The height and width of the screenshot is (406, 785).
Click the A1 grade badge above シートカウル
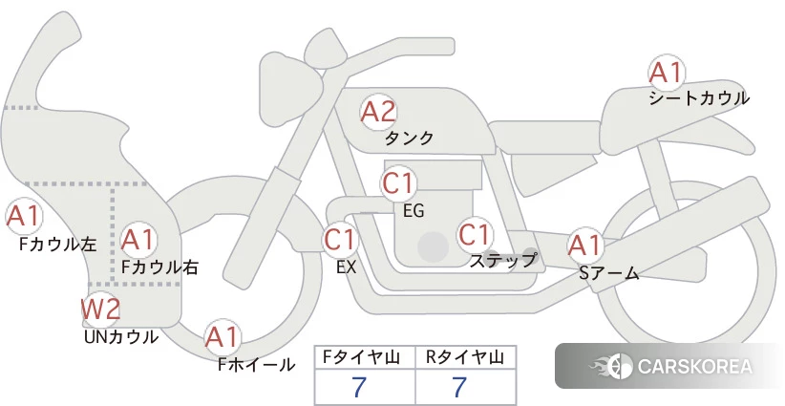pos(666,73)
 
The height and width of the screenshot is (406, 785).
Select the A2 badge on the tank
pos(377,112)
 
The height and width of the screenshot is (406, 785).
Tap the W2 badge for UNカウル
pos(99,310)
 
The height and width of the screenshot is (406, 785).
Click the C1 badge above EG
pos(399,182)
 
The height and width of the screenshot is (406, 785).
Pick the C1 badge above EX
pos(340,238)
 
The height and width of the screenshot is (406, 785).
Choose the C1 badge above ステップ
pos(475,234)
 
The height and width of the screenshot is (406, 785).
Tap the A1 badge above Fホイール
pos(223,337)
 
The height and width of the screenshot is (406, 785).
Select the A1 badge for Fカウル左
pos(23,217)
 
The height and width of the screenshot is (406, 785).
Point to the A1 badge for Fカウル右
pos(138,238)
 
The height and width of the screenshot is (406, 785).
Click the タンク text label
pos(409,139)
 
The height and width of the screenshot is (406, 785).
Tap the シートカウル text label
pos(698,98)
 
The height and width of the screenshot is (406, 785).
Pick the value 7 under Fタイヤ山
pos(360,388)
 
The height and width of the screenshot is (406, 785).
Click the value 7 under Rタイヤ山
pos(460,388)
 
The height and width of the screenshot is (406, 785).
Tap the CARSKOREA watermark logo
pos(668,366)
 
